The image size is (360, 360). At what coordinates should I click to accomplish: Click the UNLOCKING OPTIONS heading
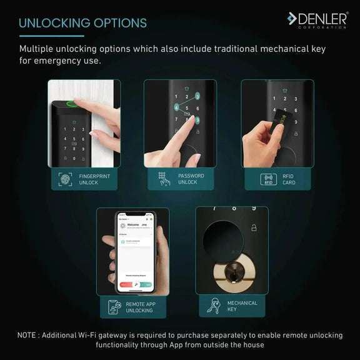[83, 23]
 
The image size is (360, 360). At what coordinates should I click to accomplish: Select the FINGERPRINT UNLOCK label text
[94, 179]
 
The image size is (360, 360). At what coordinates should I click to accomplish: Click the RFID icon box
[268, 180]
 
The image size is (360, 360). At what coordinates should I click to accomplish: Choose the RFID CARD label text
[289, 179]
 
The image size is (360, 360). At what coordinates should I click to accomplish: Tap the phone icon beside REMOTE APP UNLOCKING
[113, 306]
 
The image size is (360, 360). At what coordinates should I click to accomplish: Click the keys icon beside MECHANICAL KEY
[214, 306]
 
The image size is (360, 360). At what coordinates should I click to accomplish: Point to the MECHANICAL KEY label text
[242, 306]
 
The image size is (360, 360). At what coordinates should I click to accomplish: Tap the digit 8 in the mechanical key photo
[234, 209]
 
